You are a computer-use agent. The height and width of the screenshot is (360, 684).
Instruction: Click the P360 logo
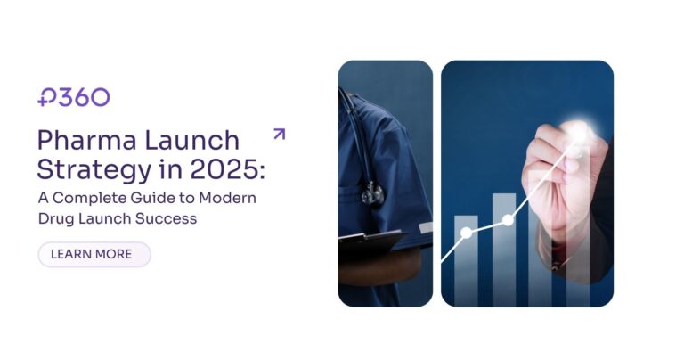74,97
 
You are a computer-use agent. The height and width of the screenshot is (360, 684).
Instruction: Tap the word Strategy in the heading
93,168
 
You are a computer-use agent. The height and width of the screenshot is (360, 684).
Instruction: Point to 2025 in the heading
234,168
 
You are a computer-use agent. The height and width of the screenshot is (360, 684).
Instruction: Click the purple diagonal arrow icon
279,135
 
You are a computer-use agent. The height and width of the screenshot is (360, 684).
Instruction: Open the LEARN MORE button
94,254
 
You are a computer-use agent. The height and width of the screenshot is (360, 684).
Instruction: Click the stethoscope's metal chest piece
370,192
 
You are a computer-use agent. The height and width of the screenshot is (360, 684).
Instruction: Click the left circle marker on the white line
466,233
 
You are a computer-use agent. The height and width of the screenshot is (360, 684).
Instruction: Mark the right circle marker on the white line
509,219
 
